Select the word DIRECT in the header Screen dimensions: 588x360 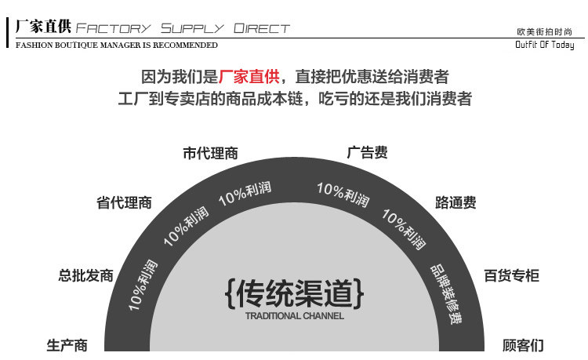click(262, 29)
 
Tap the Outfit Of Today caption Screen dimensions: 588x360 click(544, 45)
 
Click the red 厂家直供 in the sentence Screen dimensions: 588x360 click(249, 77)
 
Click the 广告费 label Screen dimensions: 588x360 click(367, 153)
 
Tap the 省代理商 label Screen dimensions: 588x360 click(124, 203)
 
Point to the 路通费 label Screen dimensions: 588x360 click(456, 202)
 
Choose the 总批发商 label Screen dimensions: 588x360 click(86, 275)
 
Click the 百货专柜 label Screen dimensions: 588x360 click(511, 275)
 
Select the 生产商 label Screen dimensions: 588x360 click(67, 345)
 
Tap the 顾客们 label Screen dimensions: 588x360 click(523, 345)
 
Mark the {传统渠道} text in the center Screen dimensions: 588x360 click(294, 293)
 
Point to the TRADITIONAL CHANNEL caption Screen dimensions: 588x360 click(294, 316)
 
